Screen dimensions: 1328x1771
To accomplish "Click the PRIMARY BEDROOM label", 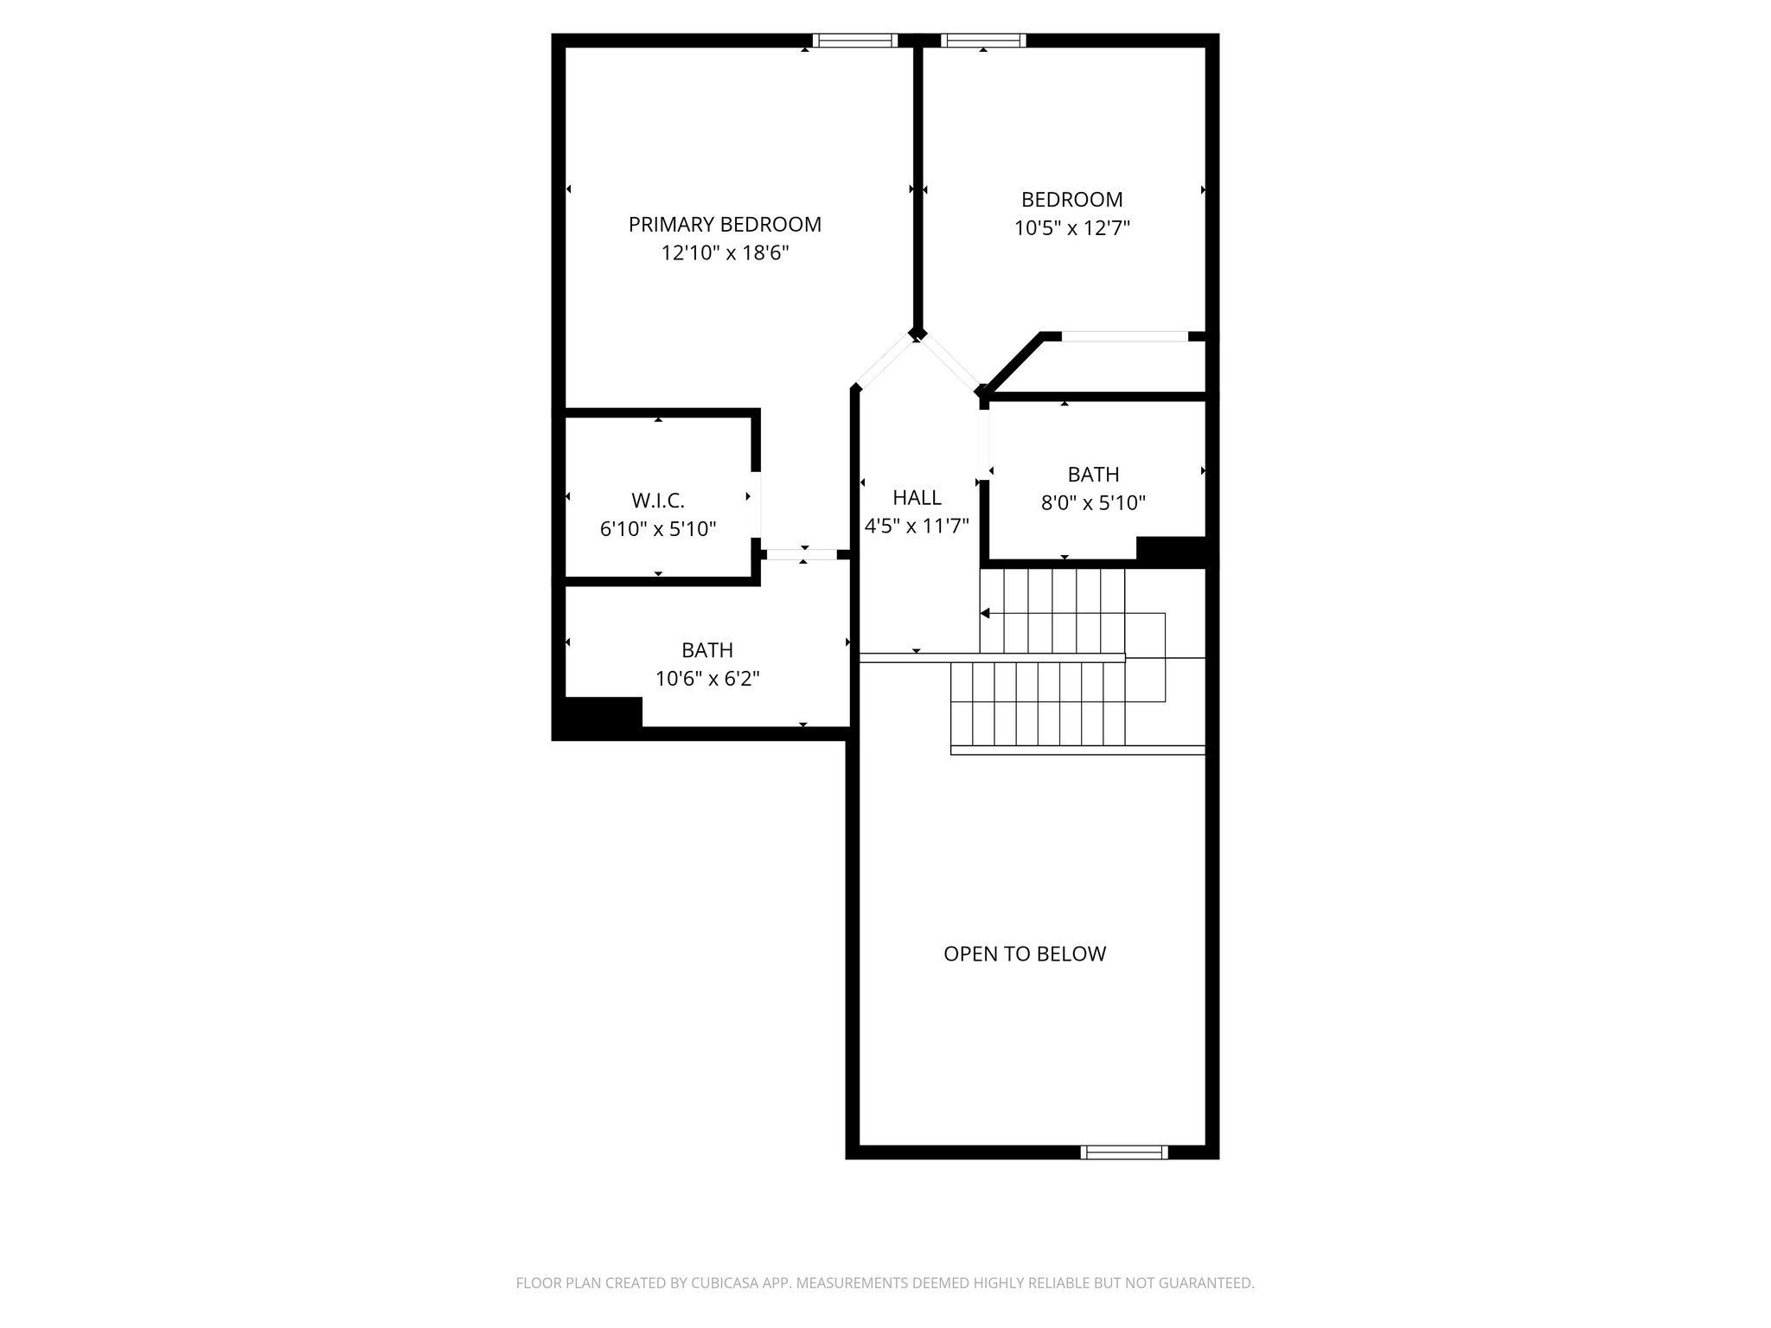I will pos(725,225).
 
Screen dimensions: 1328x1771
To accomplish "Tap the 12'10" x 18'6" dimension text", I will pos(725,253).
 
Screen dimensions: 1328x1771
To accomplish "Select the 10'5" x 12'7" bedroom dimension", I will pos(1072,228).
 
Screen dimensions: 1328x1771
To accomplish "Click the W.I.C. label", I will pos(658,501).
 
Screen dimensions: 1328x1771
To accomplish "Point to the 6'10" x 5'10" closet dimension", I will pos(658,529).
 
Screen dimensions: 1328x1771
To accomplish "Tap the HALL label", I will pos(917,498).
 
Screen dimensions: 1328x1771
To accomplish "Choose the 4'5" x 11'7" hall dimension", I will pos(917,526).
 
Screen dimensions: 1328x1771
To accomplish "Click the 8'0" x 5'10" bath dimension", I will pos(1093,503).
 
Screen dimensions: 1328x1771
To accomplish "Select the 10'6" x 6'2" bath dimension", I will pos(707,679).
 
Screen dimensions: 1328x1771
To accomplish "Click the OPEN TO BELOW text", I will pos(1025,954).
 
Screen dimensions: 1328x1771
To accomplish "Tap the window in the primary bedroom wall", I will pos(855,40).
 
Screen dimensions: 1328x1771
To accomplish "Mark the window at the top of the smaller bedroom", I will pos(983,40).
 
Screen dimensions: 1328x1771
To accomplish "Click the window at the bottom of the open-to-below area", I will pos(1124,1152).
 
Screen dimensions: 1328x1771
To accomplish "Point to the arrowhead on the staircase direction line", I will pos(985,613).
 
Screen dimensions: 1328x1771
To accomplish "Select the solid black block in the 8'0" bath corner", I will pos(1170,550).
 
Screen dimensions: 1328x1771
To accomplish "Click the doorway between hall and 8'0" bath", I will pos(984,443).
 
